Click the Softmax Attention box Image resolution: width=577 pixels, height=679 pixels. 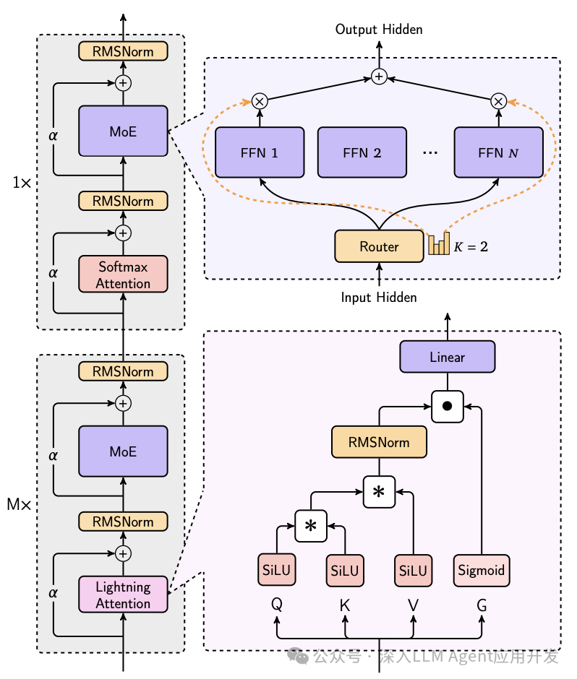(123, 274)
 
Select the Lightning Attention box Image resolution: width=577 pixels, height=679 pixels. (123, 594)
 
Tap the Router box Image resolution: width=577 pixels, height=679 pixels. (380, 246)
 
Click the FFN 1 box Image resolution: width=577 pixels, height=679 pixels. (260, 152)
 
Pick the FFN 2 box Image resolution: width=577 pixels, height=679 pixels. (362, 152)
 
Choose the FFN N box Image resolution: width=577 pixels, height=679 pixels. (498, 152)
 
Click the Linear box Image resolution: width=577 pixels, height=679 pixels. (448, 357)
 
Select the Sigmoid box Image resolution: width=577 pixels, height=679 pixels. (481, 571)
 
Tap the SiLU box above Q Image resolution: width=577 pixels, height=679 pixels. (277, 570)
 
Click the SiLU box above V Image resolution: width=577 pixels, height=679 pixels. (413, 571)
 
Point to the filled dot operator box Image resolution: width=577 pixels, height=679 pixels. (448, 406)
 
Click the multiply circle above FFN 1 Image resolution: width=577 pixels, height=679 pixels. (260, 101)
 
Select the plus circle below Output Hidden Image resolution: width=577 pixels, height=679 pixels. (380, 77)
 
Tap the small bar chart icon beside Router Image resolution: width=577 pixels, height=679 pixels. (439, 244)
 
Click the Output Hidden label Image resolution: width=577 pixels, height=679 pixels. (379, 30)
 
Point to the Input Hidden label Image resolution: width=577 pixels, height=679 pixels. (379, 298)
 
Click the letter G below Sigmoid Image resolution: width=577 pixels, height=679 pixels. (482, 605)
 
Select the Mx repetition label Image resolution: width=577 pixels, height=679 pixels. (19, 504)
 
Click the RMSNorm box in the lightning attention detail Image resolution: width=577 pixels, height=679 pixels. (380, 442)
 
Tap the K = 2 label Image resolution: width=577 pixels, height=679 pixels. (471, 247)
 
